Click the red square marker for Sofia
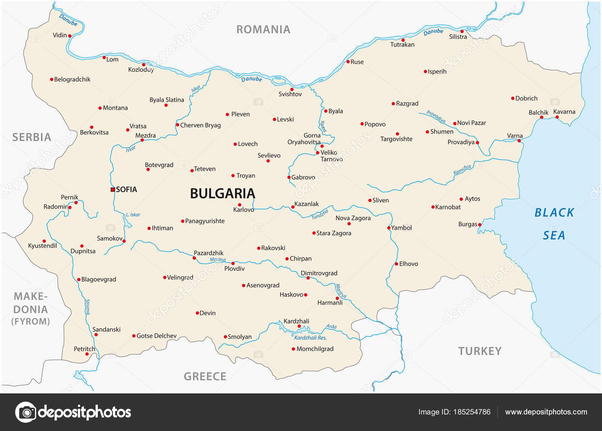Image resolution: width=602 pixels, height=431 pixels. (x=112, y=190)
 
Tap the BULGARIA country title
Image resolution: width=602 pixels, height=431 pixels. (x=222, y=193)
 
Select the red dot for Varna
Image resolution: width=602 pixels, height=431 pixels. (x=519, y=141)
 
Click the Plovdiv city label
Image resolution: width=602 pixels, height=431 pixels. (x=234, y=269)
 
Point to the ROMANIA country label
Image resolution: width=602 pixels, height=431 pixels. (x=263, y=29)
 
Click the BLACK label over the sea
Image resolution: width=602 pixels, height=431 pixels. (x=554, y=213)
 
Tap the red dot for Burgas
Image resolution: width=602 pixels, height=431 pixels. (x=480, y=225)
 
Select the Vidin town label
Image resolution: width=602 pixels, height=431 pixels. (x=59, y=35)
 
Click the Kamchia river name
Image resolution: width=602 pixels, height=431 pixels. (x=462, y=170)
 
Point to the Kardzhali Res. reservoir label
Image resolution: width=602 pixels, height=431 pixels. (x=310, y=338)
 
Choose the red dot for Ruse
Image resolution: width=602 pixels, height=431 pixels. (x=348, y=62)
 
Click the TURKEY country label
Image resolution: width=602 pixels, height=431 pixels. (x=480, y=351)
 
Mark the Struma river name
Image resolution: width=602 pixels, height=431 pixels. (x=87, y=307)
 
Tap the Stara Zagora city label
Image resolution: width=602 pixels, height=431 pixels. (x=334, y=233)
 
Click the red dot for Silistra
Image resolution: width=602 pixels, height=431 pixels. (x=462, y=31)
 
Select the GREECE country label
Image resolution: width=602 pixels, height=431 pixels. (x=205, y=376)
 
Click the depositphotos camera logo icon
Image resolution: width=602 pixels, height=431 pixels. (x=26, y=412)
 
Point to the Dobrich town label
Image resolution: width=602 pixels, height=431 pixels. (x=526, y=98)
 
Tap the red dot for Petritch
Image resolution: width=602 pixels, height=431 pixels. (x=87, y=354)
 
